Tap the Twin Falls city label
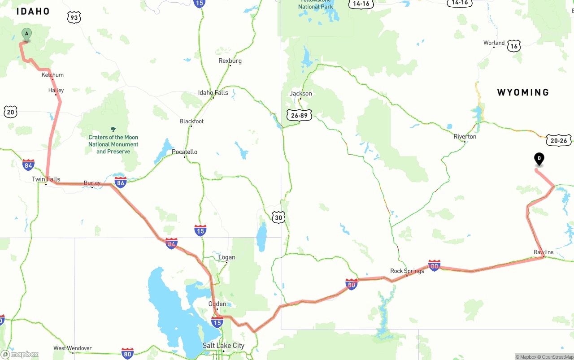tap(46, 179)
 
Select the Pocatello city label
tap(184, 152)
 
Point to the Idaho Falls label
tap(213, 93)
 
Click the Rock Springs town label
tap(407, 271)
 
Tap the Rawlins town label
tap(544, 252)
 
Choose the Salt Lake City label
tap(223, 345)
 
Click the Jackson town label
tap(300, 94)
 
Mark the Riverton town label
tap(465, 136)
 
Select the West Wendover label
tap(72, 348)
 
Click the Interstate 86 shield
tap(120, 182)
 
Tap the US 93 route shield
tap(74, 17)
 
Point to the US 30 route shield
tap(278, 218)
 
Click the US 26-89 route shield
tap(300, 115)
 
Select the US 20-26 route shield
tap(559, 140)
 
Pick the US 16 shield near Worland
tap(514, 46)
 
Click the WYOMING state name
tap(523, 92)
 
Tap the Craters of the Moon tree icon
tap(113, 129)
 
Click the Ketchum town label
tap(52, 75)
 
